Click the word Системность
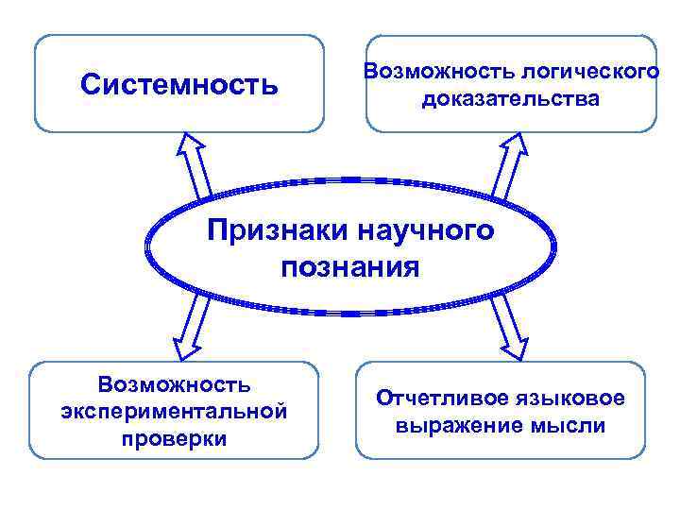tap(179, 85)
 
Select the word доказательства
tap(510, 98)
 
